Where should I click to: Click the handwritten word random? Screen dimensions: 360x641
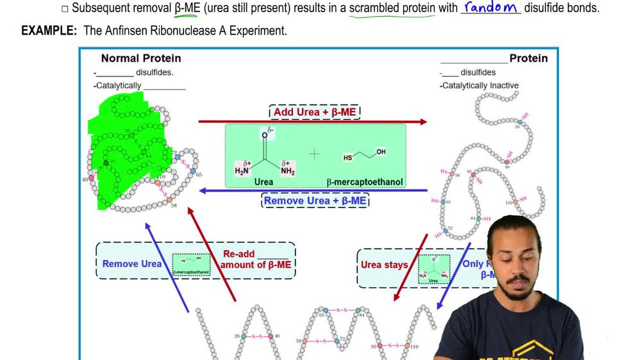point(491,8)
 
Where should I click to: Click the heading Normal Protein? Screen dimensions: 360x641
point(141,58)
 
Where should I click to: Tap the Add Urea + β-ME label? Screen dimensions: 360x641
point(315,112)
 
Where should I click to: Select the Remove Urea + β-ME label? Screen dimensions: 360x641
point(315,200)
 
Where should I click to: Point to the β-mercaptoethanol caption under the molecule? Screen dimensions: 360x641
point(365,182)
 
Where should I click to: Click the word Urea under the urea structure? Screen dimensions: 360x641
point(263,182)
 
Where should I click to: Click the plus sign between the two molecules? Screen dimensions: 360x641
point(315,154)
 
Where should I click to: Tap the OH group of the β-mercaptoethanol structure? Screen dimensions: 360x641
point(381,152)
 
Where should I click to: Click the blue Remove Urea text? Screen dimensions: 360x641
point(132,263)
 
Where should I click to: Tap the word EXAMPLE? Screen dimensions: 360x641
point(46,31)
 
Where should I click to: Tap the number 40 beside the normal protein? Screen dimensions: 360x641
point(85,180)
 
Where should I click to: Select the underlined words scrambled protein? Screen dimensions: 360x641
point(391,8)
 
